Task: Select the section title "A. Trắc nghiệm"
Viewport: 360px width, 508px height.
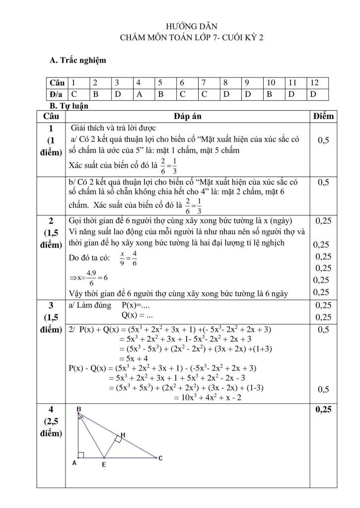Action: [x=77, y=60]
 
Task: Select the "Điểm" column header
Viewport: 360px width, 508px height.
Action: [x=324, y=116]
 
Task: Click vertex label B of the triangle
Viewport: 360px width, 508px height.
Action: [x=79, y=408]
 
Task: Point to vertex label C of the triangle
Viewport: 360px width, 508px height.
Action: [x=160, y=458]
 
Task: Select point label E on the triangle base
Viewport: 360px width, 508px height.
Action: [x=103, y=465]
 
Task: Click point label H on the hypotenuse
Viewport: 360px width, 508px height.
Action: [x=123, y=434]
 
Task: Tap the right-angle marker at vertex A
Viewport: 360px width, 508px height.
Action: [x=80, y=454]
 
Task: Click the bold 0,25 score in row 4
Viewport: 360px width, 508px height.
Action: [x=323, y=410]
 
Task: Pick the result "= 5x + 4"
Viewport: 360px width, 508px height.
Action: [x=134, y=358]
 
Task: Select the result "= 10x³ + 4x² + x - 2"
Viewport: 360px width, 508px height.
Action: [x=208, y=397]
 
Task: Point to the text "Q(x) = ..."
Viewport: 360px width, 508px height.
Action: [x=137, y=315]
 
